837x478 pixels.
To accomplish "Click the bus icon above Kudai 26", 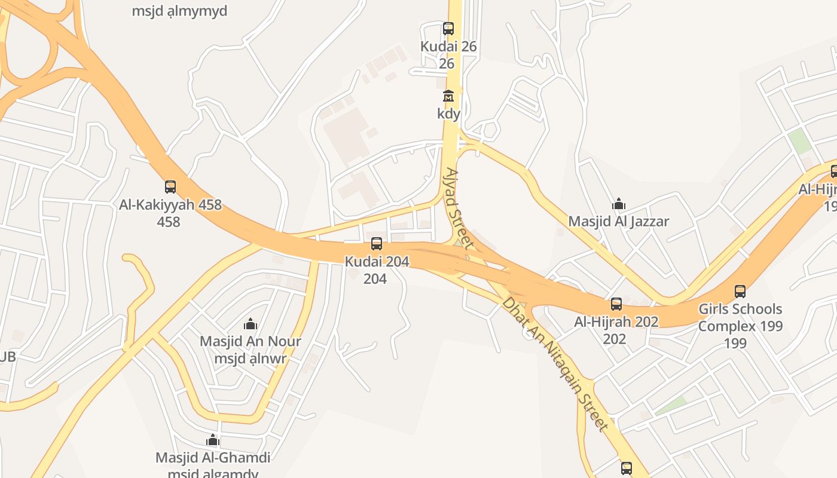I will [x=448, y=28].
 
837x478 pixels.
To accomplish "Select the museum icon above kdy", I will [x=448, y=96].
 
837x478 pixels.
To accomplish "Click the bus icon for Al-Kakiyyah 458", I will [x=170, y=187].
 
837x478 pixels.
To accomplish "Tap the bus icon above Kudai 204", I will [x=376, y=244].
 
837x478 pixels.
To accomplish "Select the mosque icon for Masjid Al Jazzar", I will [x=619, y=204].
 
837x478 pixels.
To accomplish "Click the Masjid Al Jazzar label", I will [x=619, y=222].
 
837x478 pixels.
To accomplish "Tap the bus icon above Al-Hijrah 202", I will [x=616, y=304].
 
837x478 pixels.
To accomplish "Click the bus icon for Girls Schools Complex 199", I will [x=740, y=292].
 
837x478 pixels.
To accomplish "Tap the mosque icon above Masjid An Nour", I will [x=250, y=324].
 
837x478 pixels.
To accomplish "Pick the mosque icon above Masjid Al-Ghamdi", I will [x=212, y=441].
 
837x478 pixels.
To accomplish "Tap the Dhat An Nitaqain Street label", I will [x=555, y=363].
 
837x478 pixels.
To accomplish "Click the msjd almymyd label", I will [x=180, y=11].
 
